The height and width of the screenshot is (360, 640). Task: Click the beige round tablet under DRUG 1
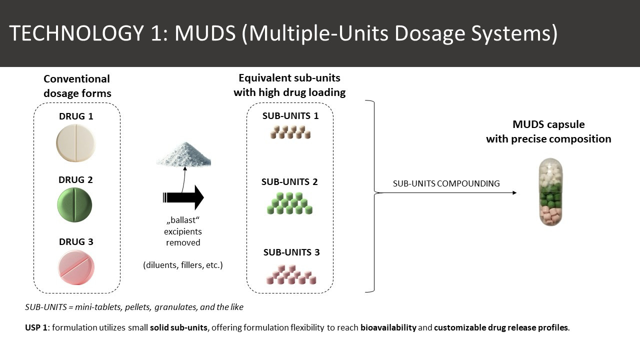pyautogui.click(x=75, y=143)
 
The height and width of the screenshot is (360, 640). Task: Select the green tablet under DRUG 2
pyautogui.click(x=75, y=205)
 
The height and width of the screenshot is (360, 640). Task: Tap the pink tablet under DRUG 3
pyautogui.click(x=76, y=267)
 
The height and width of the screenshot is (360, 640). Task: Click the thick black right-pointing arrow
pyautogui.click(x=183, y=197)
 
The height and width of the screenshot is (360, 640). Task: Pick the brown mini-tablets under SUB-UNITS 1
pyautogui.click(x=290, y=132)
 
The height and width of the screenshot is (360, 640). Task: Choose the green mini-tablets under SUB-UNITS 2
pyautogui.click(x=289, y=203)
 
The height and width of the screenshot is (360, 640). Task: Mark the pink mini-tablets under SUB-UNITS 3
pyautogui.click(x=291, y=274)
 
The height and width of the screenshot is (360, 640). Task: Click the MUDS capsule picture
pyautogui.click(x=550, y=192)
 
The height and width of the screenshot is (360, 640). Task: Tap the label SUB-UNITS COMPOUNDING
pyautogui.click(x=446, y=183)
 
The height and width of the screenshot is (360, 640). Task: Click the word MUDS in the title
pyautogui.click(x=205, y=33)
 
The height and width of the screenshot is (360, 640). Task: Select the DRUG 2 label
pyautogui.click(x=75, y=179)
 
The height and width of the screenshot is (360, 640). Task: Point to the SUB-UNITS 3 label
pyautogui.click(x=291, y=252)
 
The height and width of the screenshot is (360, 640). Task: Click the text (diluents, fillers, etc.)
pyautogui.click(x=183, y=265)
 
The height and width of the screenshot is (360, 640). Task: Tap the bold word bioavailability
pyautogui.click(x=388, y=327)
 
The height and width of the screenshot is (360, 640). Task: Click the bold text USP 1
pyautogui.click(x=36, y=327)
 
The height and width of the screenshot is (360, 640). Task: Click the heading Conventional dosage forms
pyautogui.click(x=77, y=86)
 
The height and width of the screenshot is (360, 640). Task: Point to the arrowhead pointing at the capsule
pyautogui.click(x=514, y=193)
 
